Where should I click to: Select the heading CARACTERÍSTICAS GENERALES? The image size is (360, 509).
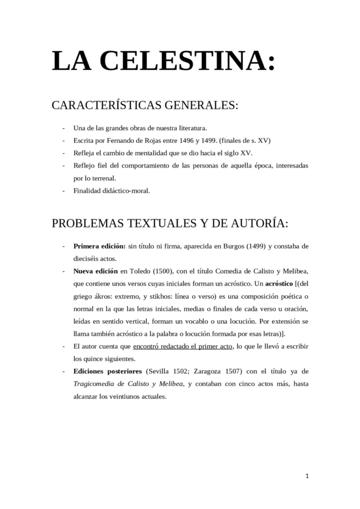pyautogui.click(x=145, y=106)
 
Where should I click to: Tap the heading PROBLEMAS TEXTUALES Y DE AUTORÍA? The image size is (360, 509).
pyautogui.click(x=170, y=223)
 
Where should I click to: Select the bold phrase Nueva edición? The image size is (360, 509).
pyautogui.click(x=96, y=271)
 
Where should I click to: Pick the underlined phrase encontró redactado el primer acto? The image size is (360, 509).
pyautogui.click(x=182, y=346)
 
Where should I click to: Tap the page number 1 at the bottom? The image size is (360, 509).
pyautogui.click(x=307, y=476)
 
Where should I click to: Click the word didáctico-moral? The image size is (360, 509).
pyautogui.click(x=124, y=190)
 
